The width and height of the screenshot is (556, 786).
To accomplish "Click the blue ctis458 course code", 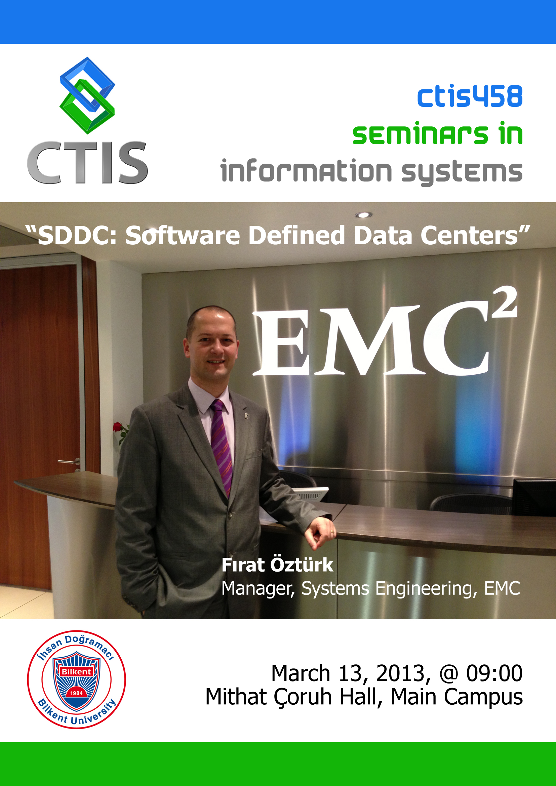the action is click(470, 96).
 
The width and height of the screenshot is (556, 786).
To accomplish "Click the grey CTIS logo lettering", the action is click(88, 163).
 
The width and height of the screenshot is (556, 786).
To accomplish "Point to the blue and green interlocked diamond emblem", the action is click(87, 95).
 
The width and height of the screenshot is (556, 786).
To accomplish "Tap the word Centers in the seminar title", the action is click(469, 236).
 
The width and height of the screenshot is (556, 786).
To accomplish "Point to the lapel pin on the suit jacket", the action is click(246, 416).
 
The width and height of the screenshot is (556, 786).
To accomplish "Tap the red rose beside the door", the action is click(117, 427).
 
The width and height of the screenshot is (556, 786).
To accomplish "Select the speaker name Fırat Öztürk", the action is click(277, 565).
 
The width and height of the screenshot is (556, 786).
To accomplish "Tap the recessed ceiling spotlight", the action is click(364, 215).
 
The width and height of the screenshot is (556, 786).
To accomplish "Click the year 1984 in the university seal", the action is click(76, 693).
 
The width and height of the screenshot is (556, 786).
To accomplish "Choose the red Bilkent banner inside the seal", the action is click(76, 671).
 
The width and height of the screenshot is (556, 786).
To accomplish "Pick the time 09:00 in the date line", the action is click(494, 673).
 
